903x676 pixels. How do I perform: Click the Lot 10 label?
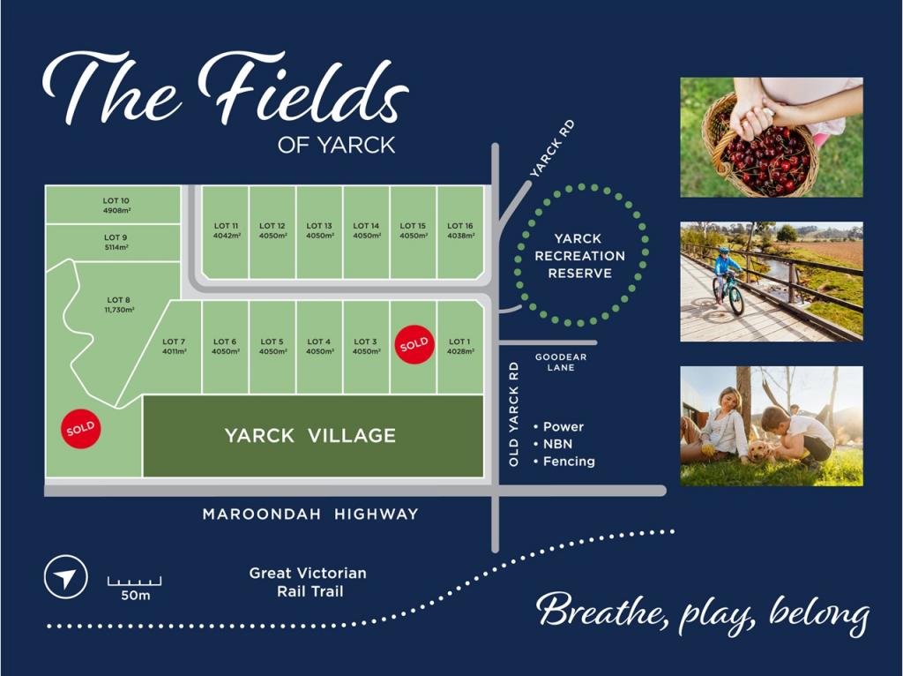(x=116, y=201)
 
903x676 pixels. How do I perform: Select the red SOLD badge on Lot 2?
(x=414, y=342)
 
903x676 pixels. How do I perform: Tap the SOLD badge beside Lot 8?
(x=80, y=430)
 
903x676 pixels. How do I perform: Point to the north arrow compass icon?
(x=65, y=577)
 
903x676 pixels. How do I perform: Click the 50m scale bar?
(x=134, y=582)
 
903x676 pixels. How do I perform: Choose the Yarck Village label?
(x=310, y=435)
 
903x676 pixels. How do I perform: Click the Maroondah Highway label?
(x=310, y=514)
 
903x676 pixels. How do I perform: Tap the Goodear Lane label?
(x=561, y=362)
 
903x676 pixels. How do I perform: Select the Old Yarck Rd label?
(x=514, y=413)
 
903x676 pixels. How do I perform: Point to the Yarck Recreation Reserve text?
(x=579, y=256)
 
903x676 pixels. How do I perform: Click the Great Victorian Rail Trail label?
(x=307, y=582)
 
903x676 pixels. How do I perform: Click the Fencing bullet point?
(x=568, y=462)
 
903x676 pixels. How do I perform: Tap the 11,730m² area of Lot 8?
(x=119, y=310)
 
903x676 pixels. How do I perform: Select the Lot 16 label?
(x=460, y=226)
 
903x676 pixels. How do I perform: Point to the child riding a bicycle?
(x=728, y=279)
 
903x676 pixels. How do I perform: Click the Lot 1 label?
(x=459, y=342)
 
